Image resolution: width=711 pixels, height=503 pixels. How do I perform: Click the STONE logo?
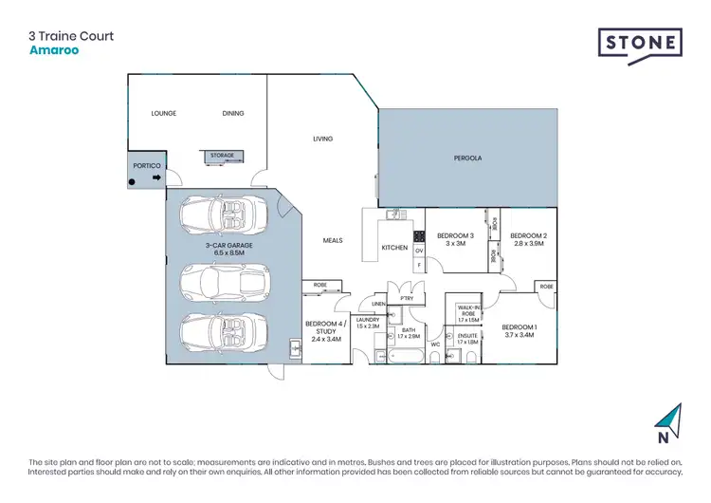[x=639, y=44]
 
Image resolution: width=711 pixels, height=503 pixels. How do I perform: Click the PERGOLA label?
[x=467, y=158]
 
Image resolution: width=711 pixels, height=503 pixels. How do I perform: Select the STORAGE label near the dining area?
[x=222, y=155]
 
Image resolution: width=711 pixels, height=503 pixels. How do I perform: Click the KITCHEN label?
[x=394, y=248]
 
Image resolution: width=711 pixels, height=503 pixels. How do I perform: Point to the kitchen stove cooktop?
[x=418, y=235]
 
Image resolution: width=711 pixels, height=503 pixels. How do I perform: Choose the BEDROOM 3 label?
[x=455, y=235]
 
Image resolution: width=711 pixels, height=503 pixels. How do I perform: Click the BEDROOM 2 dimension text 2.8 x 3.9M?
[x=529, y=244]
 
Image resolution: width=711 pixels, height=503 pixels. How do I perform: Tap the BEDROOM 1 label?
[x=520, y=327]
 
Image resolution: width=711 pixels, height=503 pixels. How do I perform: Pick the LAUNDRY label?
[x=367, y=320]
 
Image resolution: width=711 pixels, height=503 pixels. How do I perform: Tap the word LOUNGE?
[x=165, y=113]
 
